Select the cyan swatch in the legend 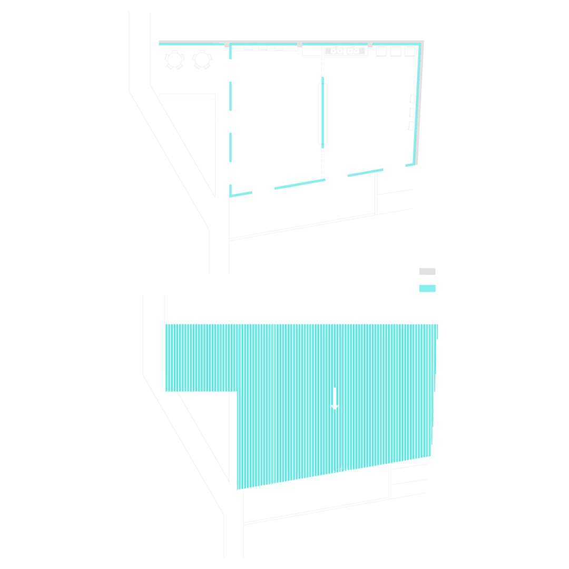click(x=427, y=288)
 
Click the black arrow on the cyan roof click(x=334, y=398)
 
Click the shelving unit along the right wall click(x=412, y=112)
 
